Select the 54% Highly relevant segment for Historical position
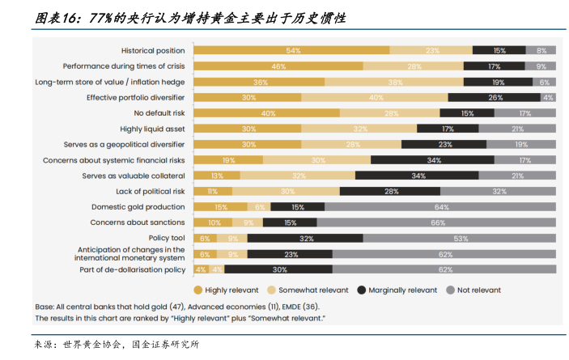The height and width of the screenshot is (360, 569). pos(292,50)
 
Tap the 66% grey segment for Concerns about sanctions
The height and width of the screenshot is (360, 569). pos(436,222)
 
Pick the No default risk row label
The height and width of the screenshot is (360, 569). pos(159,113)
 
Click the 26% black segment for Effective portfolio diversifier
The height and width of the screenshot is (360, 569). pos(495,97)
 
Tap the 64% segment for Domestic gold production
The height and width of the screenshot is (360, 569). pos(440,207)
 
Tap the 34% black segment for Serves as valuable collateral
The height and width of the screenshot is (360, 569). pos(418,176)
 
